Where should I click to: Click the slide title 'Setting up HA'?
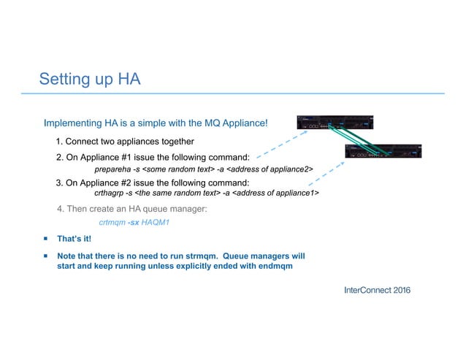coord(89,78)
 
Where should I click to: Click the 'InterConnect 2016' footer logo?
coord(377,291)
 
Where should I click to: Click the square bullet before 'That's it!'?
coord(45,239)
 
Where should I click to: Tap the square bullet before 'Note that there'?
coord(45,256)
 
